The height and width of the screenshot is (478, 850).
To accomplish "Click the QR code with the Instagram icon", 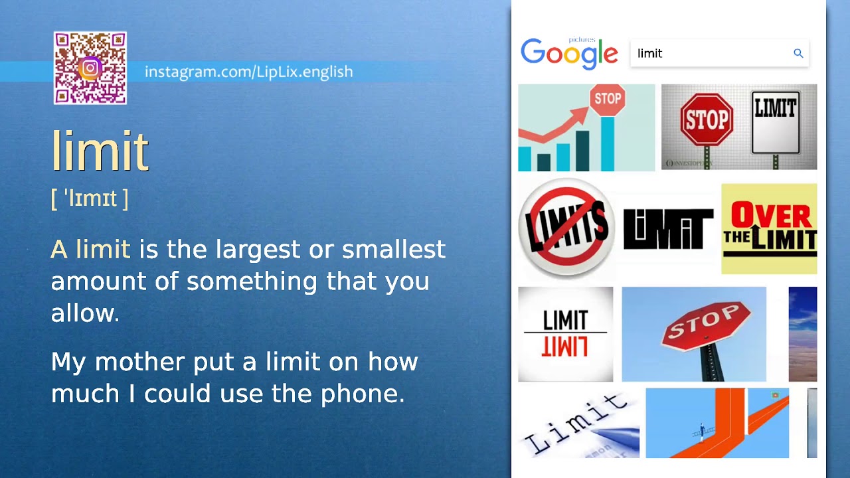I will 90,68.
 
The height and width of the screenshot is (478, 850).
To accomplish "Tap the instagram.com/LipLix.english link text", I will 248,72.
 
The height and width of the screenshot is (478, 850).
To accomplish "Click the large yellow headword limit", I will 100,151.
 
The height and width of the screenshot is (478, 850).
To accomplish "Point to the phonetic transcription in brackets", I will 90,198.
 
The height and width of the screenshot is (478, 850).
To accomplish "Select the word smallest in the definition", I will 393,250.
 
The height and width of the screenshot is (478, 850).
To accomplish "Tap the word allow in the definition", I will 82,313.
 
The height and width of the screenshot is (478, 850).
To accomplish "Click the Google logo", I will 569,54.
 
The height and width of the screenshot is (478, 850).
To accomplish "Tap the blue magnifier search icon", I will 798,53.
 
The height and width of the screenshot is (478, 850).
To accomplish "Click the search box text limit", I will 649,54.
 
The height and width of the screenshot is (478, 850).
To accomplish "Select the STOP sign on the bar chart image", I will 608,100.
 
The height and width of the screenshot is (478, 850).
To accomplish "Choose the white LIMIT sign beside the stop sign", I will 775,123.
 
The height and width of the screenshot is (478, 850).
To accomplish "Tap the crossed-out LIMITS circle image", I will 566,227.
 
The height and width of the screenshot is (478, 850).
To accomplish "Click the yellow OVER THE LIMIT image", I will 769,228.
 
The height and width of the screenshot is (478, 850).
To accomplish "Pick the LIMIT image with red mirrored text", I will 565,334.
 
